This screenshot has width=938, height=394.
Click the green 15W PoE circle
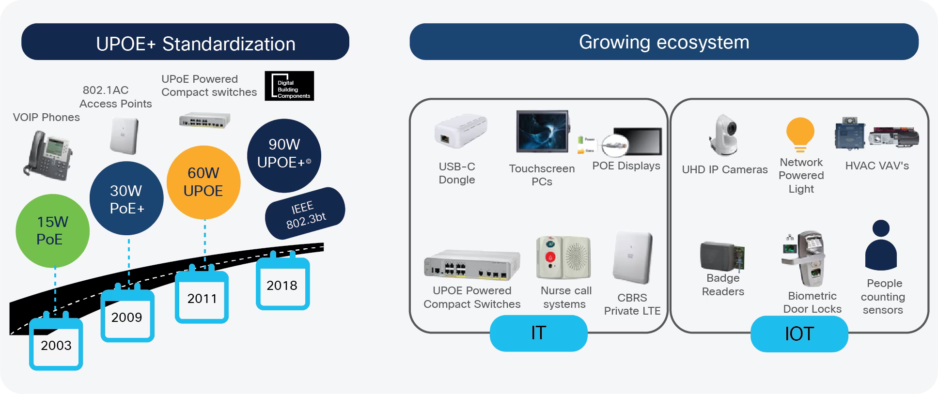point(52,231)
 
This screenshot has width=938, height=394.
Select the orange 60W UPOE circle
point(203,182)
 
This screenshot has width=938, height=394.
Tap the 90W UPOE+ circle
point(284,155)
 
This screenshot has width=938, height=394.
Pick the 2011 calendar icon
point(202,297)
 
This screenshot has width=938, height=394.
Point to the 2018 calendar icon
point(282,284)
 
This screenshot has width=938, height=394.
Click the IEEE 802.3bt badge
point(305,213)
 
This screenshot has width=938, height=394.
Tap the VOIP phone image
point(47,154)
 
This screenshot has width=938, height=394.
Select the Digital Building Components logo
point(289,86)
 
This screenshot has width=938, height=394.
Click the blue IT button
point(538,333)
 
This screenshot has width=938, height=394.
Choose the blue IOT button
point(799,334)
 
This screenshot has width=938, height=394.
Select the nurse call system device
point(563,258)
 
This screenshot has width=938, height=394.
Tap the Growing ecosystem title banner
point(664,42)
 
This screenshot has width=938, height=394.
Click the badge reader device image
point(721,256)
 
